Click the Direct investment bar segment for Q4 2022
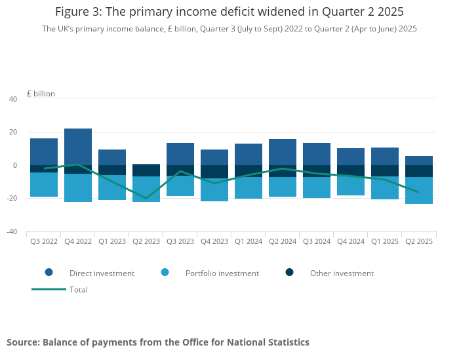pyautogui.click(x=78, y=147)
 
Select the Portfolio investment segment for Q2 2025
pyautogui.click(x=419, y=191)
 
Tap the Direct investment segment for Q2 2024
pyautogui.click(x=283, y=152)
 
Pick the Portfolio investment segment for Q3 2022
pyautogui.click(x=44, y=185)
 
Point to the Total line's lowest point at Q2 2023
pyautogui.click(x=146, y=198)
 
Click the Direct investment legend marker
pyautogui.click(x=49, y=273)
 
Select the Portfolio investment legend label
pyautogui.click(x=222, y=273)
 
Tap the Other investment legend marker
pyautogui.click(x=290, y=273)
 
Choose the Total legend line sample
pyautogui.click(x=49, y=289)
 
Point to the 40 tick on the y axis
pyautogui.click(x=13, y=99)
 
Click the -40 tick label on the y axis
pyautogui.click(x=11, y=231)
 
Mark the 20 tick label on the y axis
pyautogui.click(x=13, y=132)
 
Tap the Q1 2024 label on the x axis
pyautogui.click(x=249, y=241)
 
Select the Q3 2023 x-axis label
pyautogui.click(x=180, y=241)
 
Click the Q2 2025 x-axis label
pyautogui.click(x=419, y=241)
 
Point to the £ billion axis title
pyautogui.click(x=41, y=94)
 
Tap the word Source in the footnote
pyautogui.click(x=22, y=342)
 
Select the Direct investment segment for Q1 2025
pyautogui.click(x=385, y=156)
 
